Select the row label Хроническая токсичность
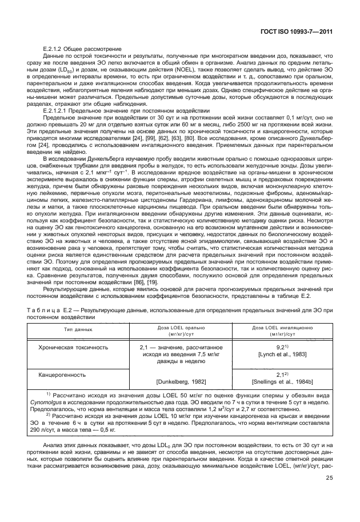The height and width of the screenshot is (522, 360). pos(73,347)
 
